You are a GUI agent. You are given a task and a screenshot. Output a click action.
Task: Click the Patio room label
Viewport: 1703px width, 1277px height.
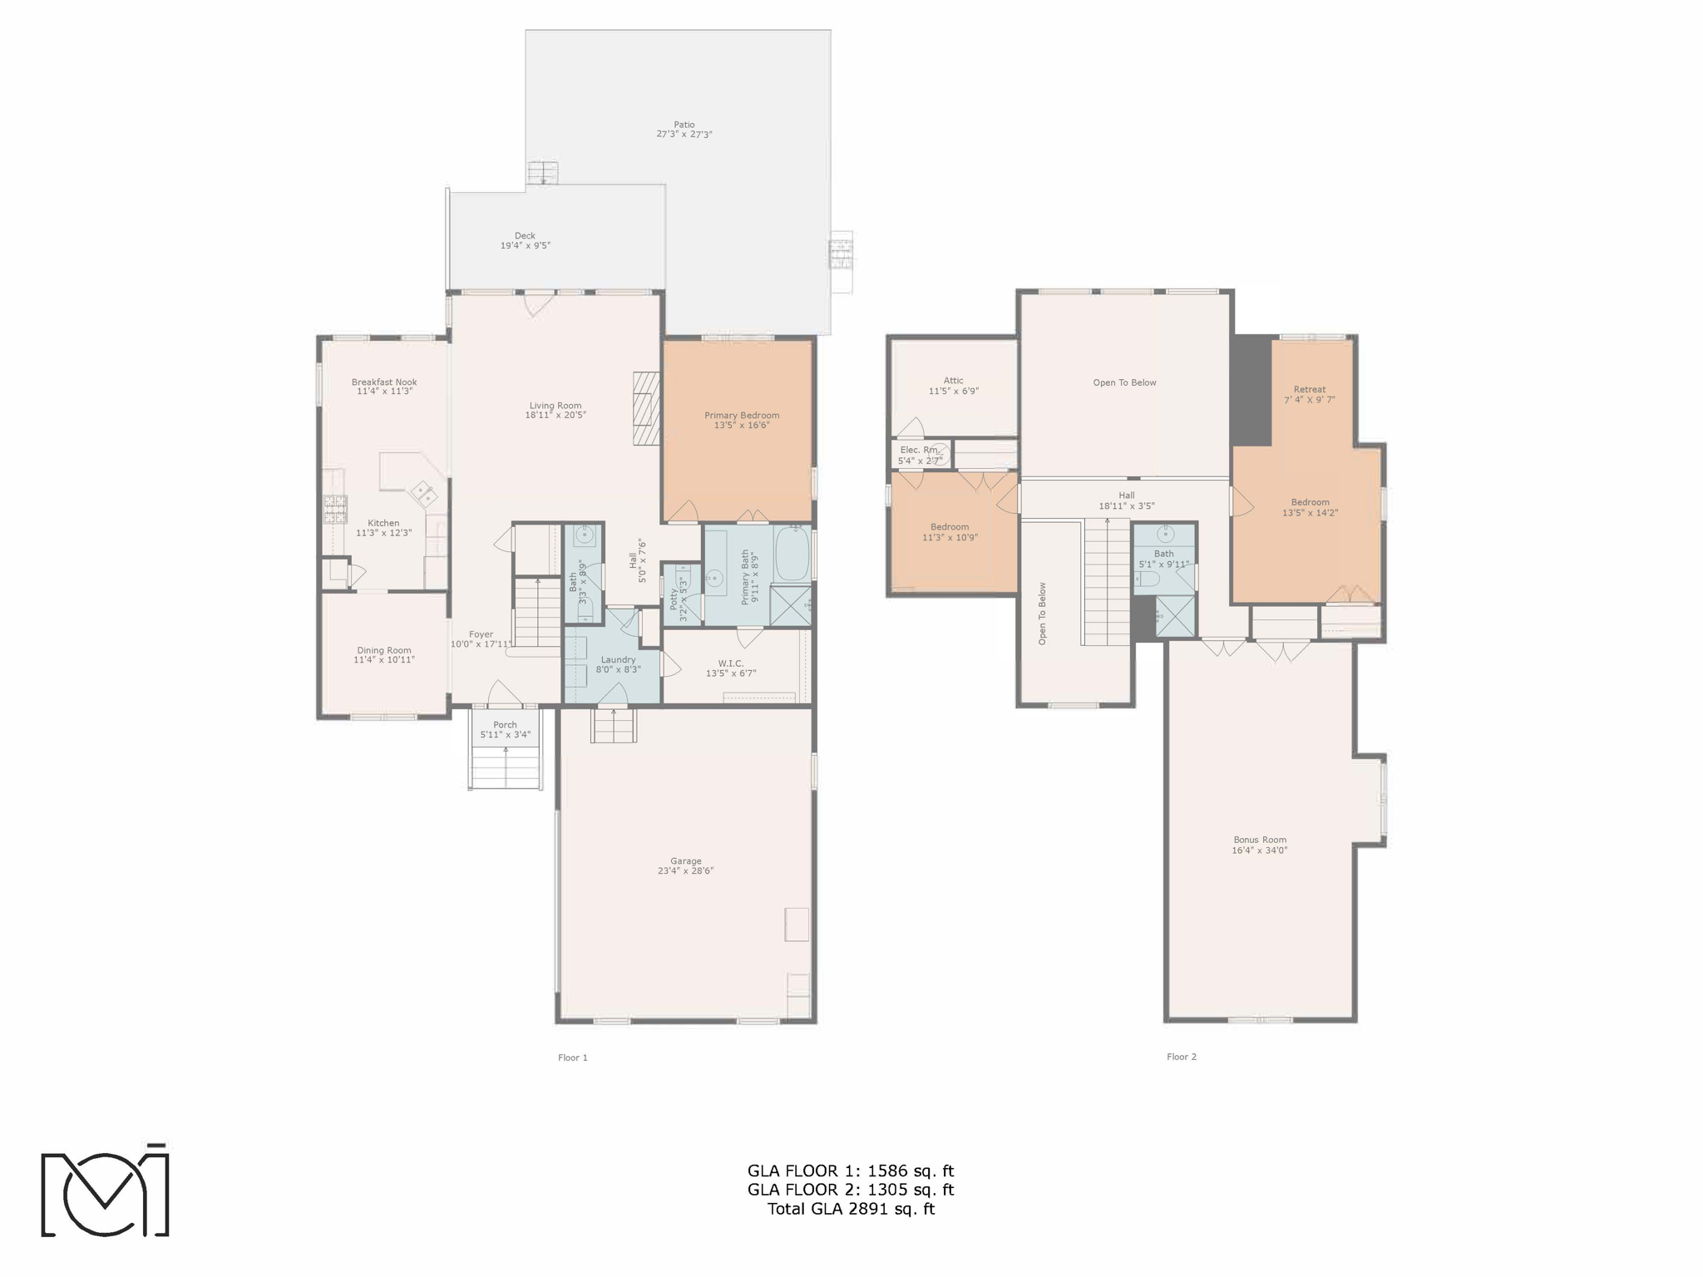coord(684,125)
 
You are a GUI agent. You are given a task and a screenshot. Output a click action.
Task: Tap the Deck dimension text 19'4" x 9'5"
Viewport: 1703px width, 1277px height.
coord(525,246)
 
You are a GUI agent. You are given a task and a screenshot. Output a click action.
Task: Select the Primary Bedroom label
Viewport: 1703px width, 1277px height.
coord(742,416)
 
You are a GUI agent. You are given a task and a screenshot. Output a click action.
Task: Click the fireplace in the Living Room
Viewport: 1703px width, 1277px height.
coord(646,408)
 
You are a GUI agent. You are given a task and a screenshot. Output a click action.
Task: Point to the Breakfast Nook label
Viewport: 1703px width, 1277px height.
coord(384,382)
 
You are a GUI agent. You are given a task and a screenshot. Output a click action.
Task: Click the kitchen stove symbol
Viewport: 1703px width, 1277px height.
coord(335,509)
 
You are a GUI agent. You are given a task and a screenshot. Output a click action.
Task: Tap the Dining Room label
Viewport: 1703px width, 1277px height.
coord(384,650)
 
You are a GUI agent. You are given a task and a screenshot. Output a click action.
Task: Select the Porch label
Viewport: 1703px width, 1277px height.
coord(505,725)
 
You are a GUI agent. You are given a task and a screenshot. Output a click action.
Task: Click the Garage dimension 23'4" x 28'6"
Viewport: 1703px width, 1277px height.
coord(686,871)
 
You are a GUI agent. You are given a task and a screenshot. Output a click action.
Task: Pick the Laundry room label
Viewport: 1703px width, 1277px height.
coord(618,659)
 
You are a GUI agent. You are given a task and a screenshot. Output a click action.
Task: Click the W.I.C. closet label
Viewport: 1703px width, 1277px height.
coord(730,663)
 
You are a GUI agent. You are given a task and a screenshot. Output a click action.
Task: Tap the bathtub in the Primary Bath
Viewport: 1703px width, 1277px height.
coord(792,554)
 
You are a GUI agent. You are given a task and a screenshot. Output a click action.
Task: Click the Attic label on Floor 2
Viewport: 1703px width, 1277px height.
coord(953,381)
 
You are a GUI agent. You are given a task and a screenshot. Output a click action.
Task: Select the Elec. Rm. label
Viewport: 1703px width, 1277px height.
coord(919,450)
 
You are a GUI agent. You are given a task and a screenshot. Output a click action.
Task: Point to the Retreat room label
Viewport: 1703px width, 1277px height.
coord(1309,389)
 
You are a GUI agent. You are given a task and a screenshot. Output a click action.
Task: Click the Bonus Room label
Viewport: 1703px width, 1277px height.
coord(1259,840)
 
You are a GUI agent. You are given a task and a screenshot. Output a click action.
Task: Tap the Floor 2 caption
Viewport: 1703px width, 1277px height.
coord(1181,1057)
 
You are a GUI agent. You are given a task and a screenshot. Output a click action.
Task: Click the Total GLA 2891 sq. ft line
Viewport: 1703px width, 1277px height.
coord(851,1209)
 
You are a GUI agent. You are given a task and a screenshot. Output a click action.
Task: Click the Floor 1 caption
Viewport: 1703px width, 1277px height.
coord(572,1058)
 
